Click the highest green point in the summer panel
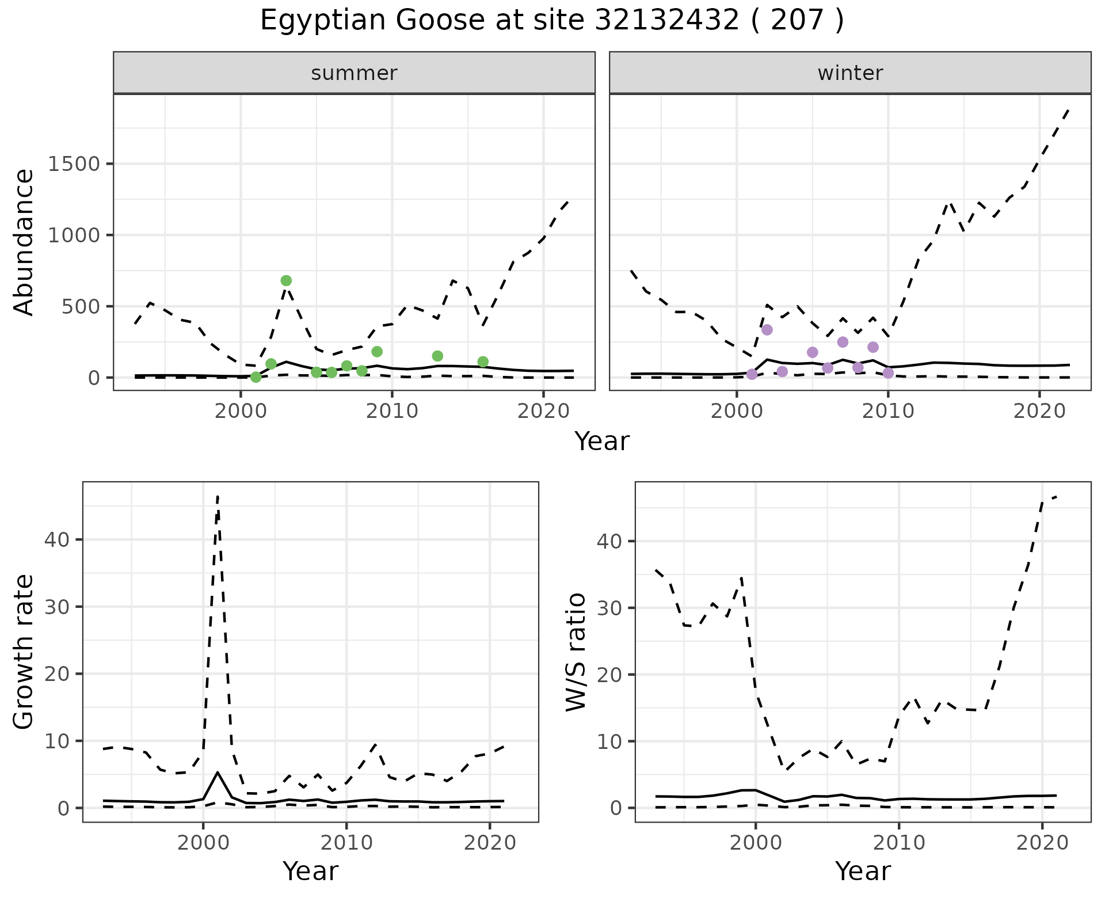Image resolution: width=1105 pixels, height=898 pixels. (x=286, y=281)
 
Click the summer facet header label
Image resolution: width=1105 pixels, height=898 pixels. (x=354, y=73)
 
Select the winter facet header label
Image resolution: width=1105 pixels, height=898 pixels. (x=850, y=73)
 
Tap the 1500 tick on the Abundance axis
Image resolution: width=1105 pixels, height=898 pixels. (x=75, y=164)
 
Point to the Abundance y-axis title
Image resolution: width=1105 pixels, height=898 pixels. (x=24, y=242)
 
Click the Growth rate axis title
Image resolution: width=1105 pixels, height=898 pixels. (x=24, y=652)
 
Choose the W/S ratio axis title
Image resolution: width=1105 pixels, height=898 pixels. (x=576, y=652)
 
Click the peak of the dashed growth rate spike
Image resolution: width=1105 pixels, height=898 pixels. (x=218, y=496)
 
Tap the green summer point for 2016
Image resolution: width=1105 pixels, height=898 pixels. (x=483, y=362)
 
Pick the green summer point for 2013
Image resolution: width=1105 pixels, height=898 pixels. (x=437, y=356)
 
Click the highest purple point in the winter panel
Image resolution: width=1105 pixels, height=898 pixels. (x=767, y=330)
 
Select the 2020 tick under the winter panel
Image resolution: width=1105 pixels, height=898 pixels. (x=1039, y=412)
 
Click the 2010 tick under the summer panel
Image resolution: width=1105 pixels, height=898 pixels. (x=392, y=412)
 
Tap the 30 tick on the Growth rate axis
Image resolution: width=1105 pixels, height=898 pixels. (x=56, y=607)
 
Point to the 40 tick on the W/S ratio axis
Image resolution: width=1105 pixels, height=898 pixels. (x=609, y=542)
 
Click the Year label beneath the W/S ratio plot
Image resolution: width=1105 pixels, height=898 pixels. (x=863, y=872)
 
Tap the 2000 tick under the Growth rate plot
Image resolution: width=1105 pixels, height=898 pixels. (x=203, y=843)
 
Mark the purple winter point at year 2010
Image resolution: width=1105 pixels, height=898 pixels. (x=888, y=373)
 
